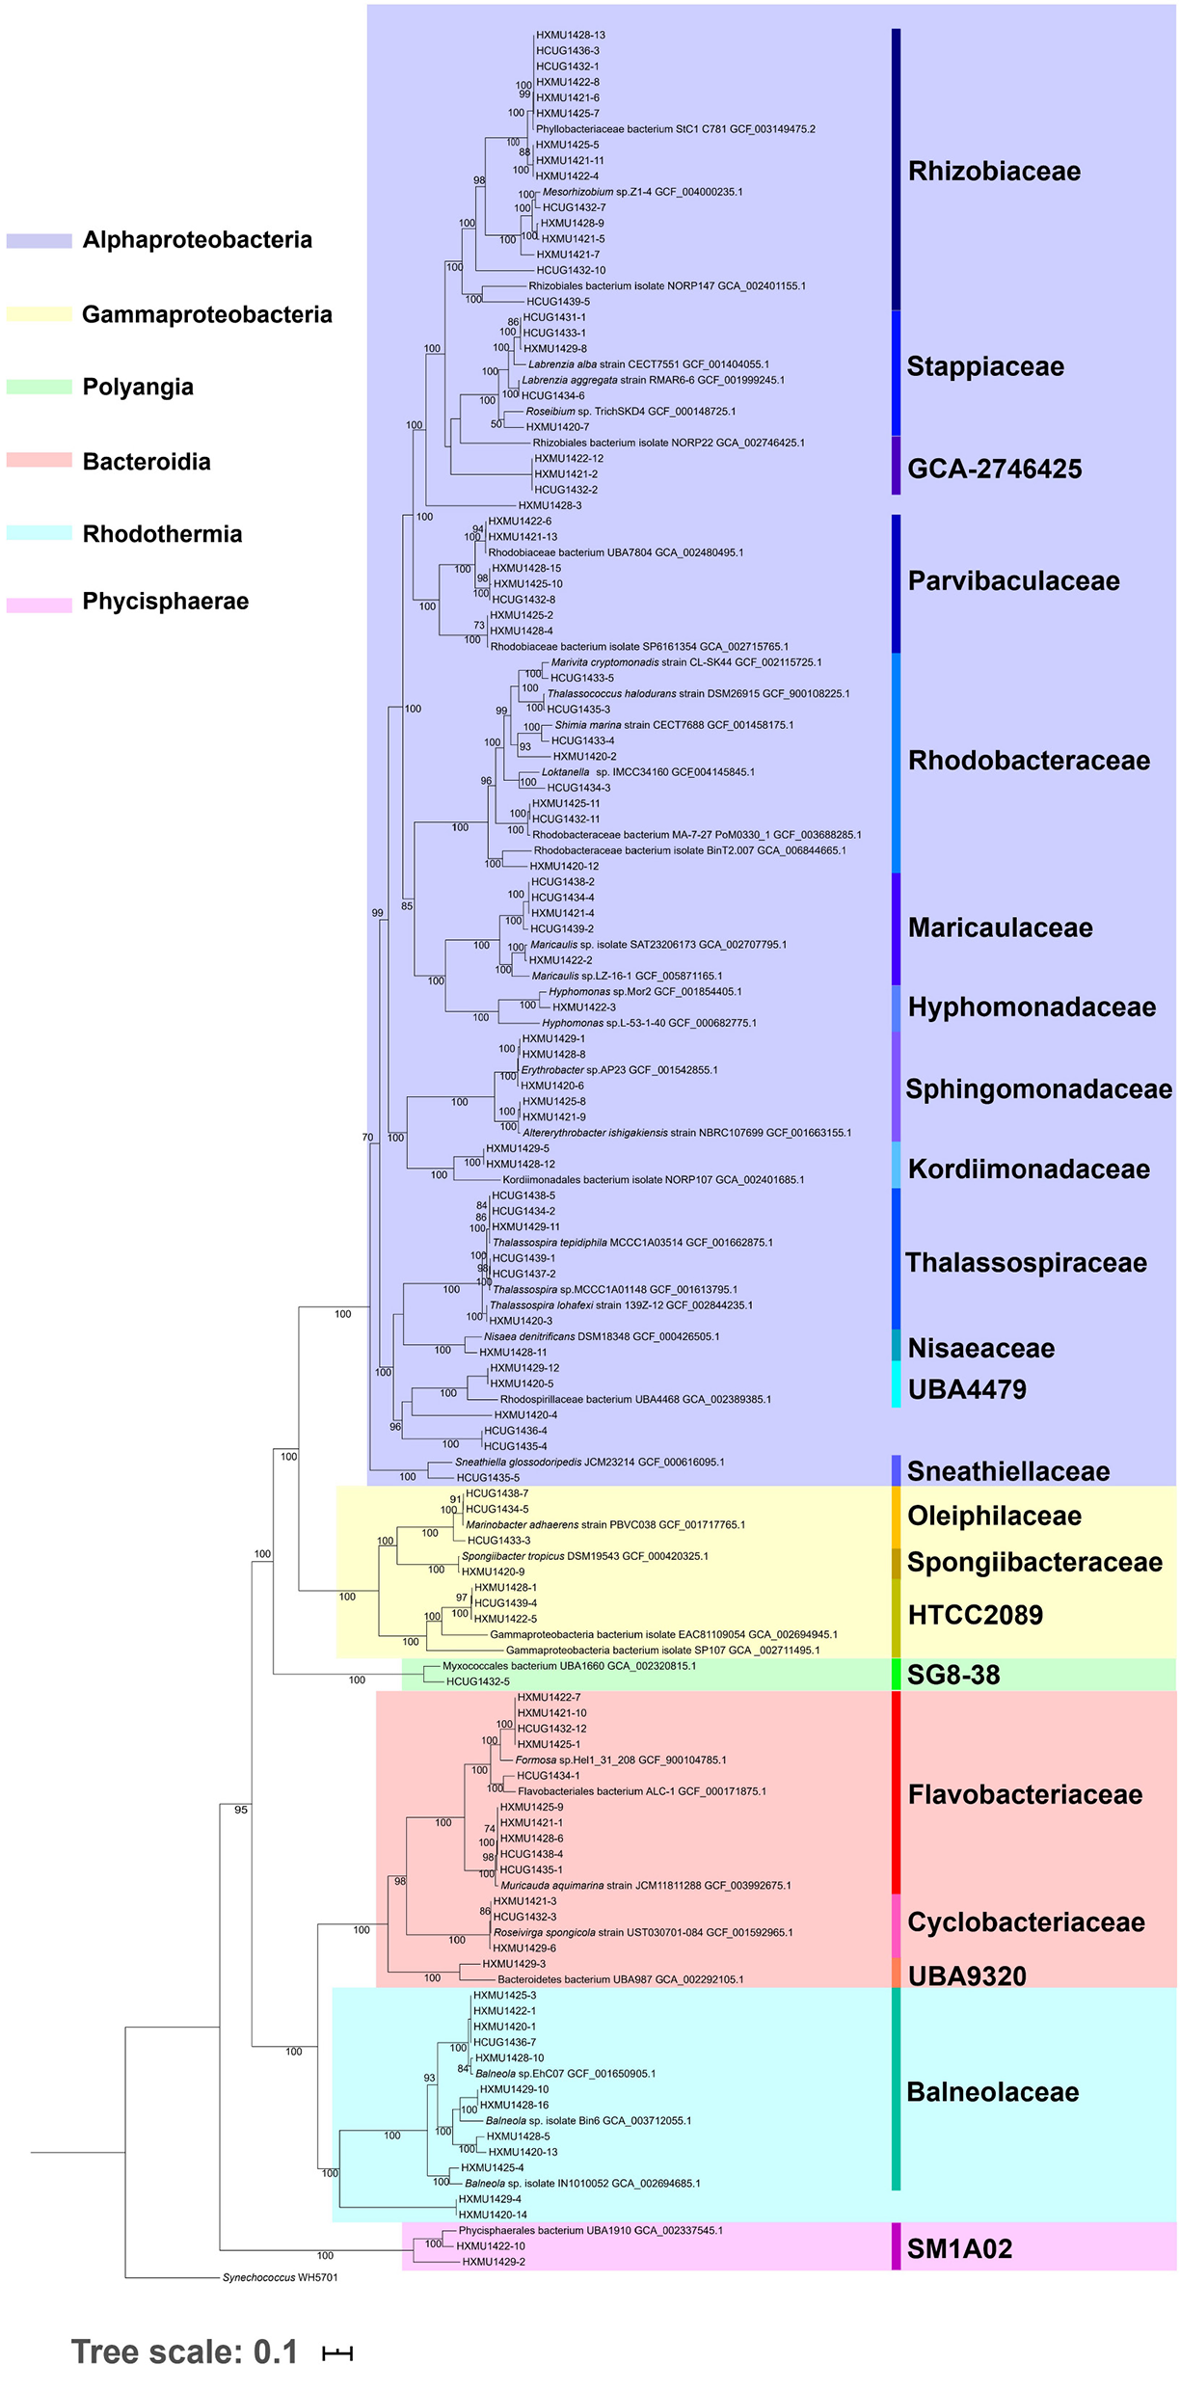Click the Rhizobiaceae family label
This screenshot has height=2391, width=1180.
pos(994,172)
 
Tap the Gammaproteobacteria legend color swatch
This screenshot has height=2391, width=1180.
pos(40,314)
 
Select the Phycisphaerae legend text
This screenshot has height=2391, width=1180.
pos(165,602)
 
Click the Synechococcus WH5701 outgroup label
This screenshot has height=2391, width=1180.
pos(280,2277)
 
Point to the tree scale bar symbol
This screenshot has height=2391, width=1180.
pos(337,2353)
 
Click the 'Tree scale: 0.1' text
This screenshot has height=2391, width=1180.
pos(184,2352)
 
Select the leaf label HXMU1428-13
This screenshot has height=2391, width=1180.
pos(571,35)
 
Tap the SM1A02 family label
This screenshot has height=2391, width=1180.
pos(959,2249)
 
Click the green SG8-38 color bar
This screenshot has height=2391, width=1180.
pos(896,1674)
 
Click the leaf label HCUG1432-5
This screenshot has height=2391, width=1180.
pos(477,1681)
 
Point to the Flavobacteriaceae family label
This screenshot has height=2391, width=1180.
pos(1025,1794)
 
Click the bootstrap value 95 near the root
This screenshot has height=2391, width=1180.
pos(241,1810)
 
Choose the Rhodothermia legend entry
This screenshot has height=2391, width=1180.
pos(162,534)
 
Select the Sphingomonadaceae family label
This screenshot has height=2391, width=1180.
pos(1038,1089)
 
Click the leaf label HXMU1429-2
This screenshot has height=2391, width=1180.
pos(493,2262)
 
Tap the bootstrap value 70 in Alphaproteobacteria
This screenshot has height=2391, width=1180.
pos(367,1138)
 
